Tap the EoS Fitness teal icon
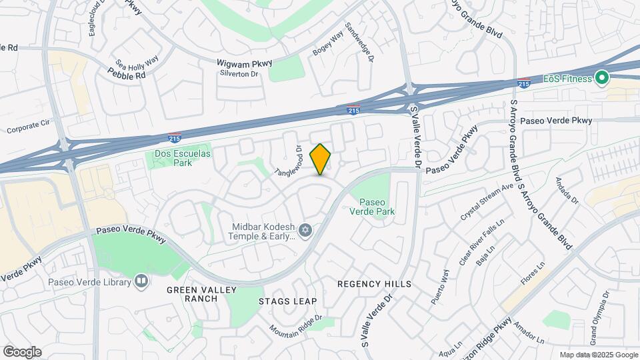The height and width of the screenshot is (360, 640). (602, 79)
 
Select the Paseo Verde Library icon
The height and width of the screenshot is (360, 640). (141, 281)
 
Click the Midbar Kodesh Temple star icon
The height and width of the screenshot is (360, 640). (305, 231)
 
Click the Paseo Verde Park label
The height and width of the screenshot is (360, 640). (373, 207)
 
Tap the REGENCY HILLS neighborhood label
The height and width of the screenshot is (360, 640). (374, 284)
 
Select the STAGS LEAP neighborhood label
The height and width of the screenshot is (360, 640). (287, 301)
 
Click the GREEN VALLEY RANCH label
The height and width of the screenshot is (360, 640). (192, 294)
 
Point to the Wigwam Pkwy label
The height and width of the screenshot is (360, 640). (243, 63)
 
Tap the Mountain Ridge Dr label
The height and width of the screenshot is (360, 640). (296, 324)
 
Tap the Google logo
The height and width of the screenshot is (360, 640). (22, 352)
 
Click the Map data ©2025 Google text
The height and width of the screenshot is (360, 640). (597, 355)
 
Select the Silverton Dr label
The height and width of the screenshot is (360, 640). (239, 74)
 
